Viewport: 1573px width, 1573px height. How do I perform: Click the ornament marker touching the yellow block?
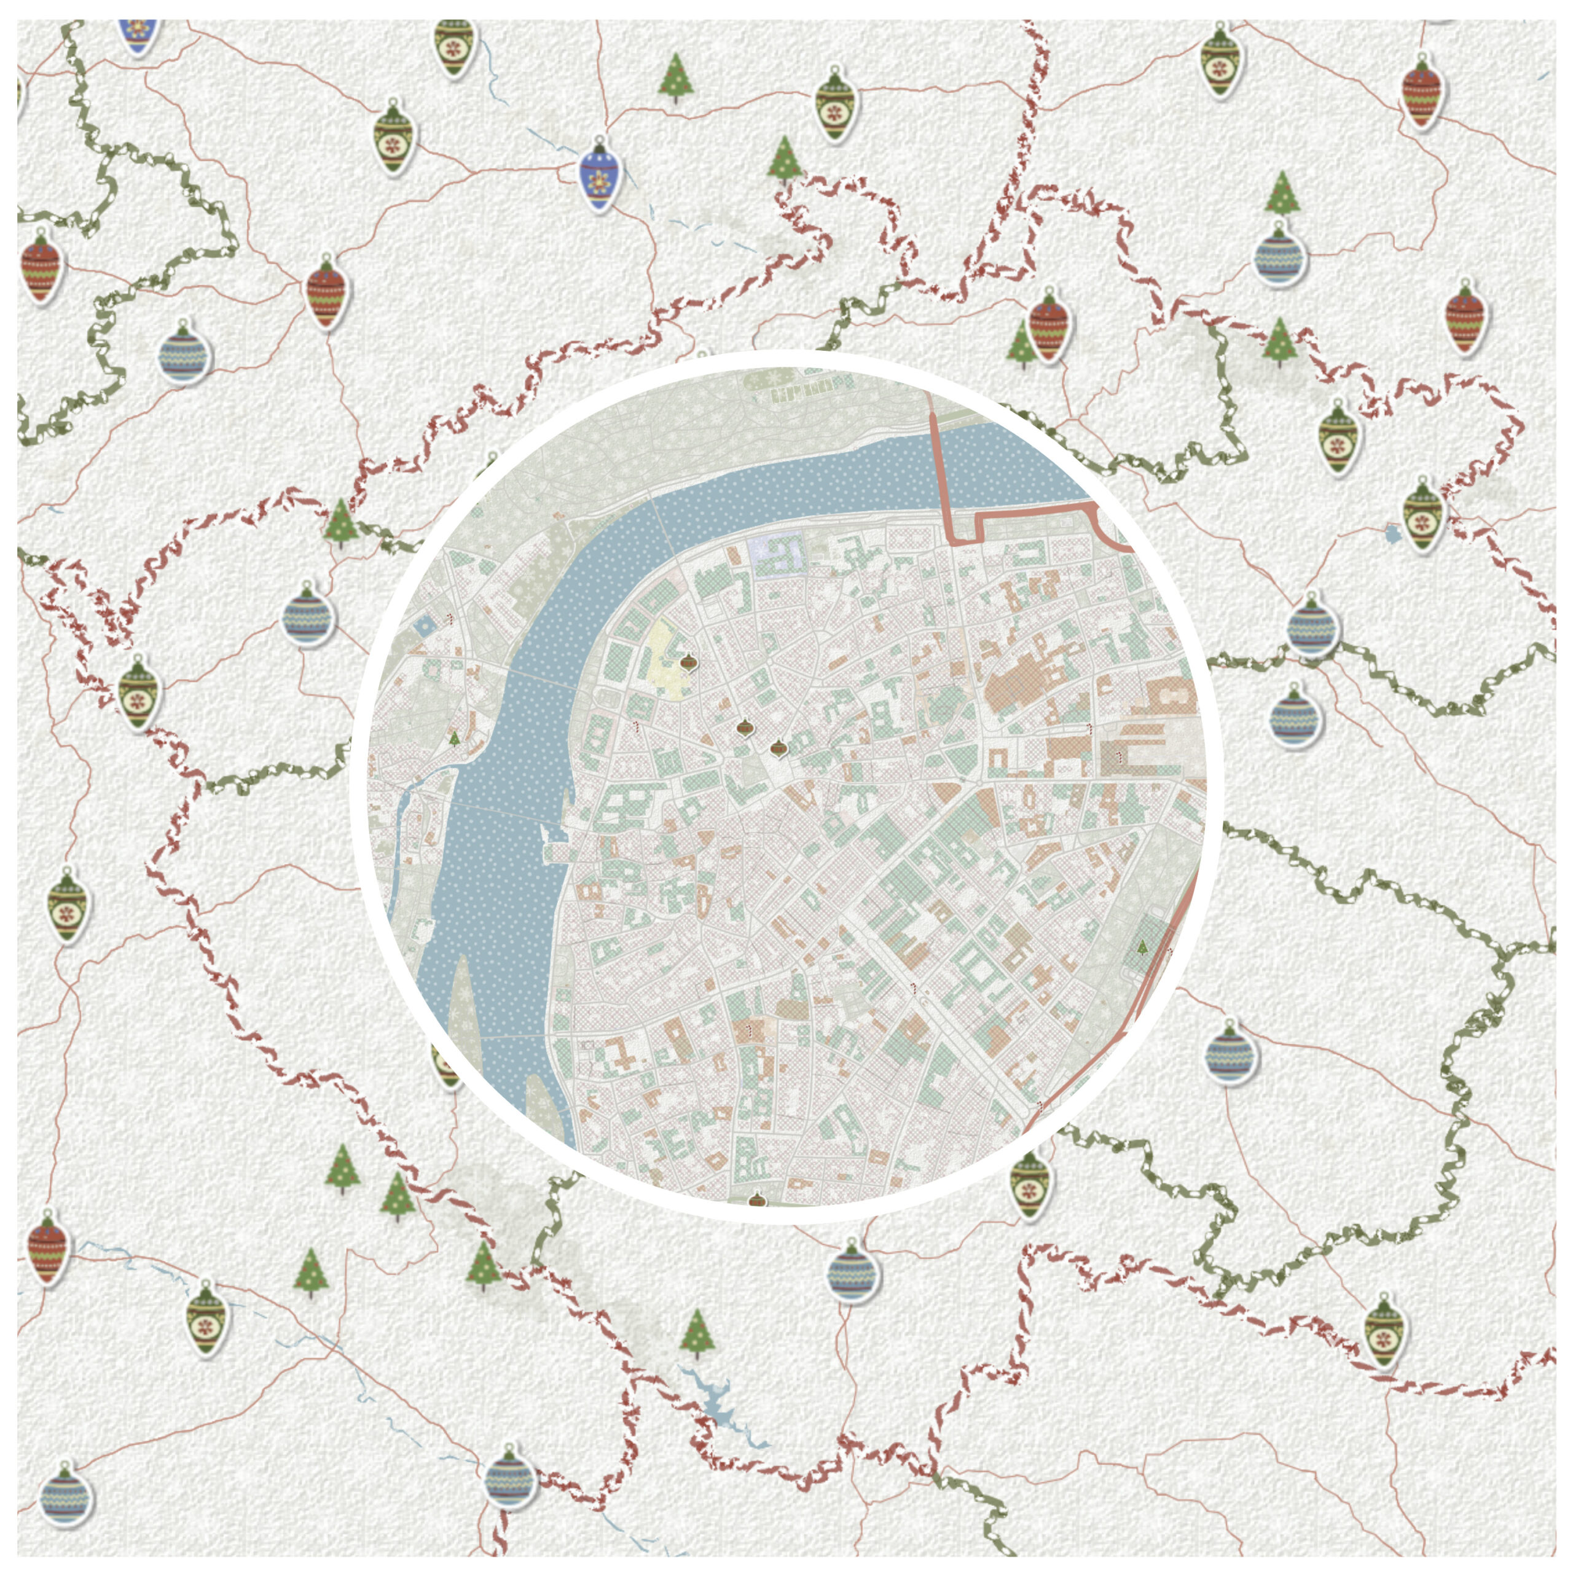click(x=689, y=662)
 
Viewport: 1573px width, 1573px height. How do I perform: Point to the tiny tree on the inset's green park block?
click(x=1143, y=946)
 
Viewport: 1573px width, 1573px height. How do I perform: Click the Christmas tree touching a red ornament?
click(x=1019, y=343)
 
